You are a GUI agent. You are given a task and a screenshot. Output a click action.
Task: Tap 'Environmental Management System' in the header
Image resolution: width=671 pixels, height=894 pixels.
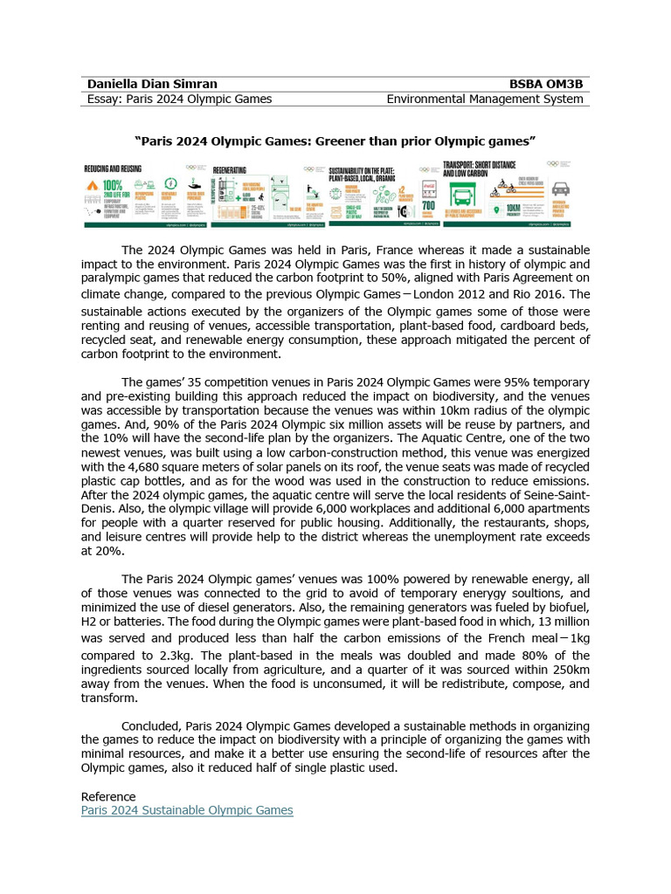point(488,99)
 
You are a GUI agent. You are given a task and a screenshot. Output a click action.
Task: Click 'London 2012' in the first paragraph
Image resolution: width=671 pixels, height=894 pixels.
point(457,294)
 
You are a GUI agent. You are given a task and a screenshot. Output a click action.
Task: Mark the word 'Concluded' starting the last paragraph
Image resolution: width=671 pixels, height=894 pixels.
point(151,726)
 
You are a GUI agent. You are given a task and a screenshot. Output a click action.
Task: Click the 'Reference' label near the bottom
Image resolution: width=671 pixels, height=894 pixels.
point(108,796)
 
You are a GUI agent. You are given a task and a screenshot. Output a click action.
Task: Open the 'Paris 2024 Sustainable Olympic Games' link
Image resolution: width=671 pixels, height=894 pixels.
point(187,810)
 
